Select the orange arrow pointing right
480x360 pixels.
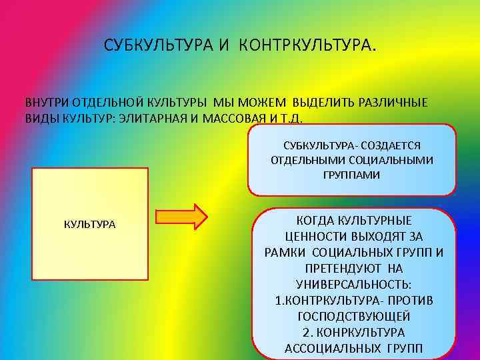click(x=182, y=217)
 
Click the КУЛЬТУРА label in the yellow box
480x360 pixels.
click(x=89, y=224)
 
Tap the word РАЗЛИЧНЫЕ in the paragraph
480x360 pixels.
click(x=394, y=103)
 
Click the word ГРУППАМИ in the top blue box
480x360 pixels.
click(x=351, y=175)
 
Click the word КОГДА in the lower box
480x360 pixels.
click(x=314, y=221)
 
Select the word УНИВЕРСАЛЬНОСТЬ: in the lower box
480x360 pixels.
click(x=354, y=284)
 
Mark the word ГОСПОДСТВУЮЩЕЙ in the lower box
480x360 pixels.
click(x=354, y=316)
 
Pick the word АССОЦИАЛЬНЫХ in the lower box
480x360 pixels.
click(x=325, y=348)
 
